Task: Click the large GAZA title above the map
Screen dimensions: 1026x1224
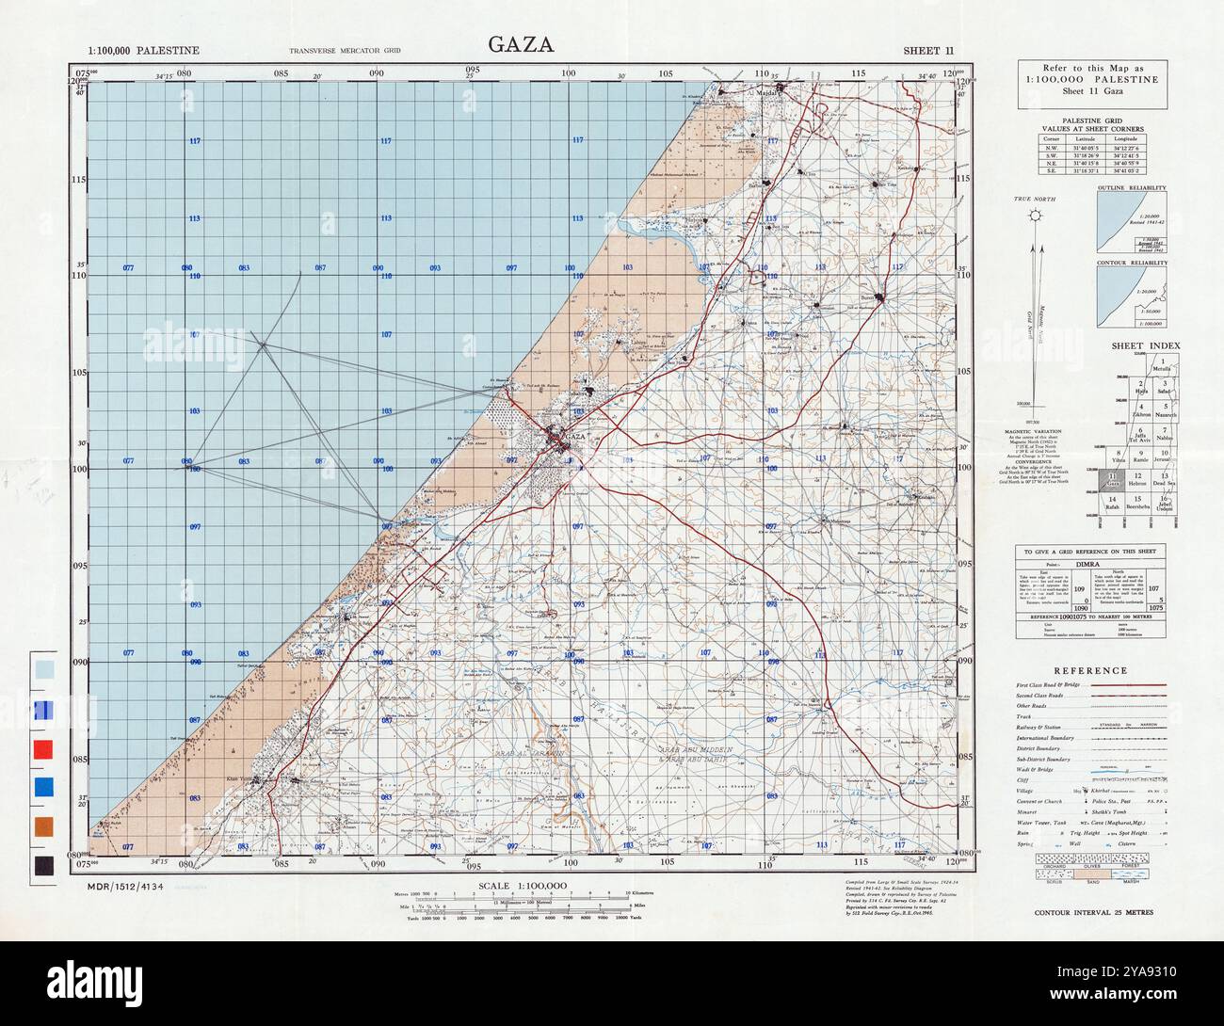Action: point(520,44)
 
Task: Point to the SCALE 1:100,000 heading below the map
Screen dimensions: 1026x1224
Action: point(522,886)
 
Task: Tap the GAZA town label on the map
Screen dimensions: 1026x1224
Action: point(575,438)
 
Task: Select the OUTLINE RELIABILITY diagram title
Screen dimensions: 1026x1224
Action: point(1132,188)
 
